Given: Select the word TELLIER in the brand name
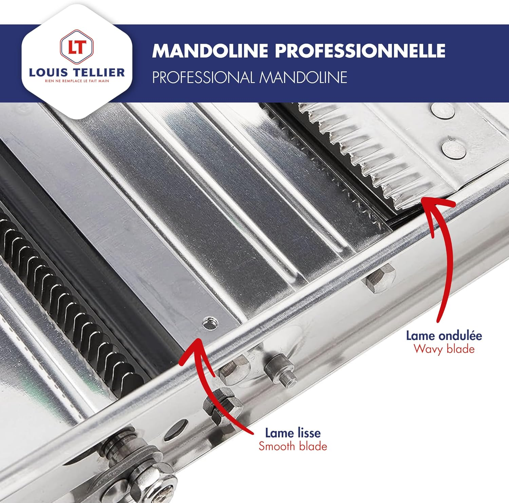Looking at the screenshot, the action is pos(99,72).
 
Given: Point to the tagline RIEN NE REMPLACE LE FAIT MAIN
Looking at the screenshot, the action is pos(77,81).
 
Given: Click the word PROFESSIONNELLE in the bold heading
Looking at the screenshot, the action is pos(360,51).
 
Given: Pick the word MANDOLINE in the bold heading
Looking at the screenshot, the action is pos(210,51).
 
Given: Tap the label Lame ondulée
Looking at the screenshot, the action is pos(444,336).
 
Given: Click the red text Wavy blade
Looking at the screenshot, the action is pos(444,349).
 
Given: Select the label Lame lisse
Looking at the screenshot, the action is pos(293,433).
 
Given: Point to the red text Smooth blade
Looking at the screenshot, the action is pos(293,446).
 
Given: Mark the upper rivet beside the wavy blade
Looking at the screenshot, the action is pos(442,111).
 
